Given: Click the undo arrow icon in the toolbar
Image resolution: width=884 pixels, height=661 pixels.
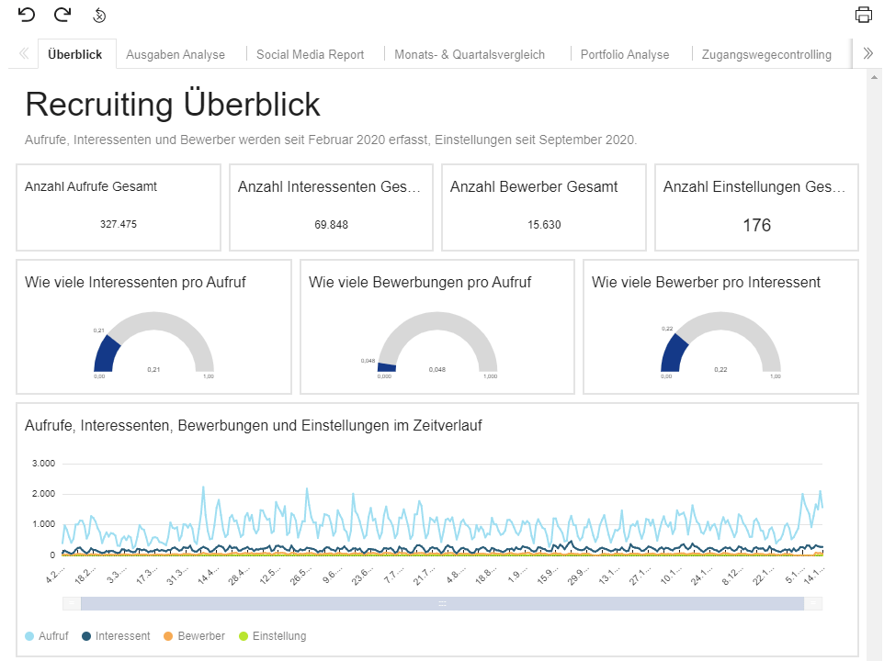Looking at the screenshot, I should tap(27, 15).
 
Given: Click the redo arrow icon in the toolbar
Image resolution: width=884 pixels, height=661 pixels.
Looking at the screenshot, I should tap(62, 15).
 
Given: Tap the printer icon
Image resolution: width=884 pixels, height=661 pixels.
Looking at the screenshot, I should tap(863, 15).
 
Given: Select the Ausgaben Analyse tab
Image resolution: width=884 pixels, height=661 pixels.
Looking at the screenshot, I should tap(175, 54).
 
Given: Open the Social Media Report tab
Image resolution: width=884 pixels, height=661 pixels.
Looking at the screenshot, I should tap(310, 54).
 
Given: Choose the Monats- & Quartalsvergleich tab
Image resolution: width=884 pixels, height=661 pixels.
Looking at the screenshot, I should tap(469, 54).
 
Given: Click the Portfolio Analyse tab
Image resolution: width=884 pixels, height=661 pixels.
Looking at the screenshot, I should tap(625, 54).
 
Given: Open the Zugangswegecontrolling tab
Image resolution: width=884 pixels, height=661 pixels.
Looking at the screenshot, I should tap(765, 54).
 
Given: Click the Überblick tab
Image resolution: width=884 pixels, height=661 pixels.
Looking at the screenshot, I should tap(74, 54).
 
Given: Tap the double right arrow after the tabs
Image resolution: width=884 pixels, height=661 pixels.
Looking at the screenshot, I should tap(867, 54).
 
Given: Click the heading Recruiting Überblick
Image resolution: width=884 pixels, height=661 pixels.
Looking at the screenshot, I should tap(173, 105).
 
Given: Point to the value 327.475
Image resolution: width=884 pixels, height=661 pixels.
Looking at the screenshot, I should tap(118, 224).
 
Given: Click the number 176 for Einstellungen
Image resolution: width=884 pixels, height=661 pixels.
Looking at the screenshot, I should tap(756, 225).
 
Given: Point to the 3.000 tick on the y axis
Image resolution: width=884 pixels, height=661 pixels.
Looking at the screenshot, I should tap(44, 463).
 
